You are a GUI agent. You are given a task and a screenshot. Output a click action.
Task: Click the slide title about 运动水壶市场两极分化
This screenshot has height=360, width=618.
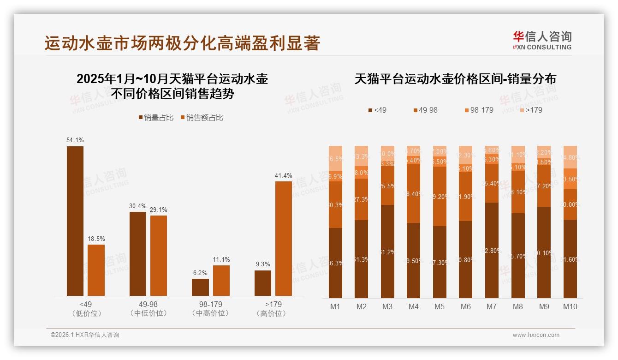182,43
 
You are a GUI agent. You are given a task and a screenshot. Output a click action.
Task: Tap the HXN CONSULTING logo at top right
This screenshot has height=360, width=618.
542,40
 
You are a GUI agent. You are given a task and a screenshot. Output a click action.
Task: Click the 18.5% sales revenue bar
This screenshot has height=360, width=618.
96,270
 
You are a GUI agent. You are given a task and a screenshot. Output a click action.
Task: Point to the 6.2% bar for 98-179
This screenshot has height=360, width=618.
200,287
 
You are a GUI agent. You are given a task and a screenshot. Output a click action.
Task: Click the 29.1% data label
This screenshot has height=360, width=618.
159,210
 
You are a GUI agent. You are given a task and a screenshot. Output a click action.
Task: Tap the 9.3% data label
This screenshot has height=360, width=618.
262,264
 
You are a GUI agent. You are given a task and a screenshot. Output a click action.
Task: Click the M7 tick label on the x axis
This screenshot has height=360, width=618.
492,306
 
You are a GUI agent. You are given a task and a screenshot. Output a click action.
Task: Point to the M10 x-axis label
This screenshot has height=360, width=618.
570,306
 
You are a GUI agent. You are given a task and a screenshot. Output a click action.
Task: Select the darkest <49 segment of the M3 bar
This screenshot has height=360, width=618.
387,252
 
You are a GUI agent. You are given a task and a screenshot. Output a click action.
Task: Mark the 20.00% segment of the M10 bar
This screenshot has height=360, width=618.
570,204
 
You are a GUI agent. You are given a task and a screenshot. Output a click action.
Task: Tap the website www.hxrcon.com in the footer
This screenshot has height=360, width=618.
536,335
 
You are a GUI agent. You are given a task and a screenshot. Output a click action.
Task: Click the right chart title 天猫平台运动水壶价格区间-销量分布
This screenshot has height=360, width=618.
455,79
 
